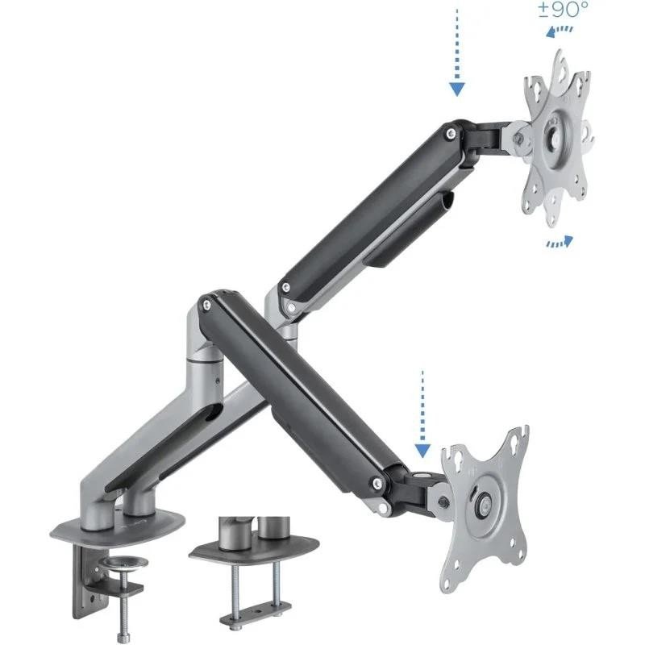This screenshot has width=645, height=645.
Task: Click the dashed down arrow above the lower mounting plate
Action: [420, 411]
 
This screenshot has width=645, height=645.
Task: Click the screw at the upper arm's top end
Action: [448, 131]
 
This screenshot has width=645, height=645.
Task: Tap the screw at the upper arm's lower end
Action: [284, 288]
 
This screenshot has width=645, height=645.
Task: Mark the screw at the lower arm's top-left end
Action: [208, 305]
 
